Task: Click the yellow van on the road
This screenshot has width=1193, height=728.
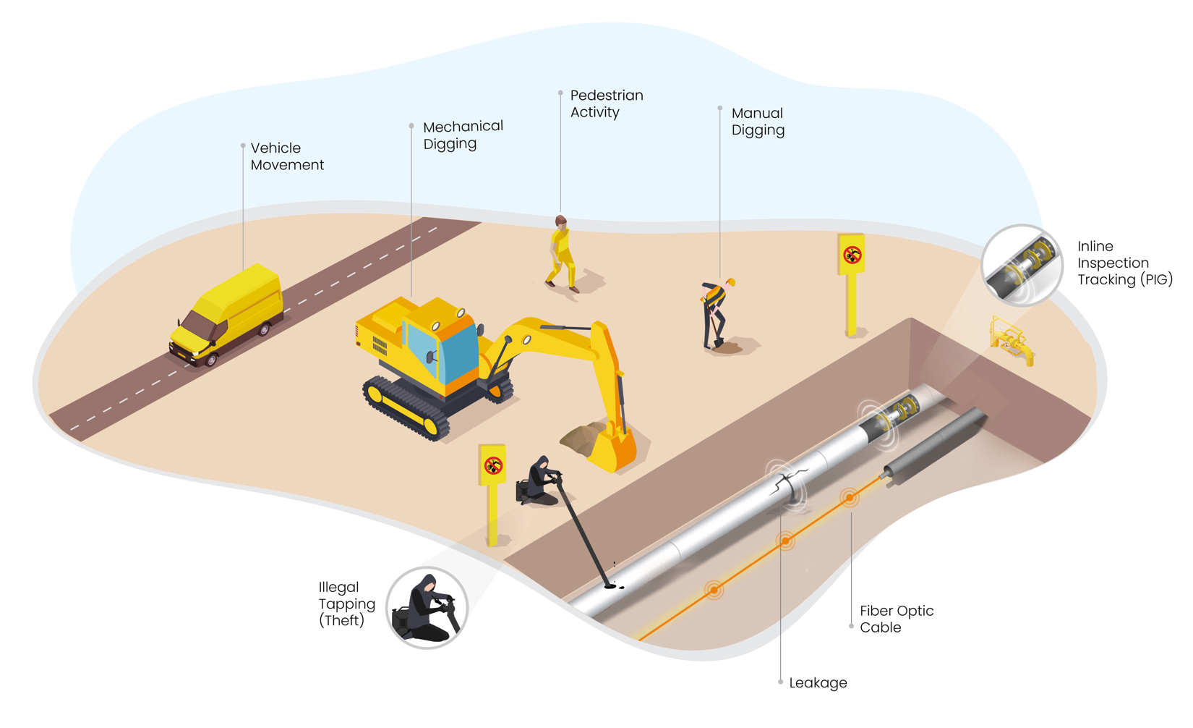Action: coord(226,316)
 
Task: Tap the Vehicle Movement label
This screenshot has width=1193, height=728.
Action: coord(286,156)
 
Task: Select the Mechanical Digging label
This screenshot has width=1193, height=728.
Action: coord(463,135)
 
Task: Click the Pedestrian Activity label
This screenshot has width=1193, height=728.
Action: coord(606,103)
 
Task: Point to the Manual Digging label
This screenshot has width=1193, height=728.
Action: coord(757,122)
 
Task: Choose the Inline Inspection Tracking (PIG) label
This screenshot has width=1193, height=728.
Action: coord(1124,263)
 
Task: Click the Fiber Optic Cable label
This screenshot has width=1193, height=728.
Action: coord(896,619)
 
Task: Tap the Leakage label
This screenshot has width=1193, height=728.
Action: coord(818,682)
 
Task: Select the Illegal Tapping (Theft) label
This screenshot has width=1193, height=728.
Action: coord(346,604)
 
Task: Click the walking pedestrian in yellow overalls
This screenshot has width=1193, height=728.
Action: coord(561,253)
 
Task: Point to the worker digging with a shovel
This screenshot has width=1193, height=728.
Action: coord(714,311)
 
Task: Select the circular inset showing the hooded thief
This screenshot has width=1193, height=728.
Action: coord(427,608)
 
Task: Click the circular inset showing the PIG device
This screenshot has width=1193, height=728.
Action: coord(1022,266)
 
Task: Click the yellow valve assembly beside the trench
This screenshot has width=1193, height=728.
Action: coord(1012,341)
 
